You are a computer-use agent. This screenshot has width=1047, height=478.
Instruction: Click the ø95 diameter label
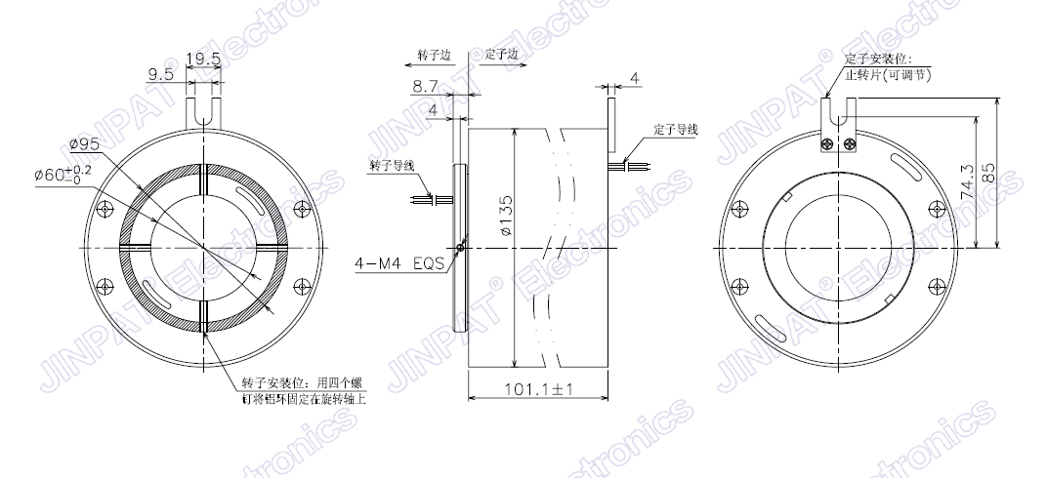[x=84, y=143]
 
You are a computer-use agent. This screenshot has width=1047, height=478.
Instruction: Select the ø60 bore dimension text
[x=63, y=176]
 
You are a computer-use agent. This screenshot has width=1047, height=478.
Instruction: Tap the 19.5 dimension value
[x=203, y=60]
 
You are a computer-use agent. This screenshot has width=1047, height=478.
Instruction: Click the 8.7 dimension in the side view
[x=426, y=86]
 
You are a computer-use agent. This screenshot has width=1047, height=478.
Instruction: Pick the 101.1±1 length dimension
[x=538, y=388]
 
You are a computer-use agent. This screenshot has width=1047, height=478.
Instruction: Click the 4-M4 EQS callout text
[x=399, y=263]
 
